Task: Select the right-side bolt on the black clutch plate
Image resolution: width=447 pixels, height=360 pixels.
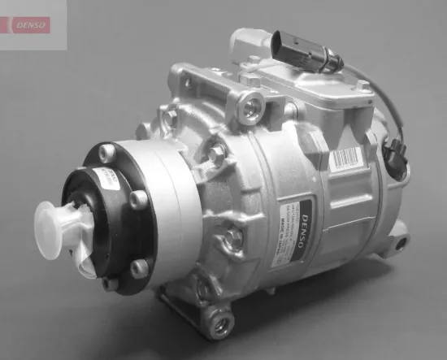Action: (139, 197)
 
